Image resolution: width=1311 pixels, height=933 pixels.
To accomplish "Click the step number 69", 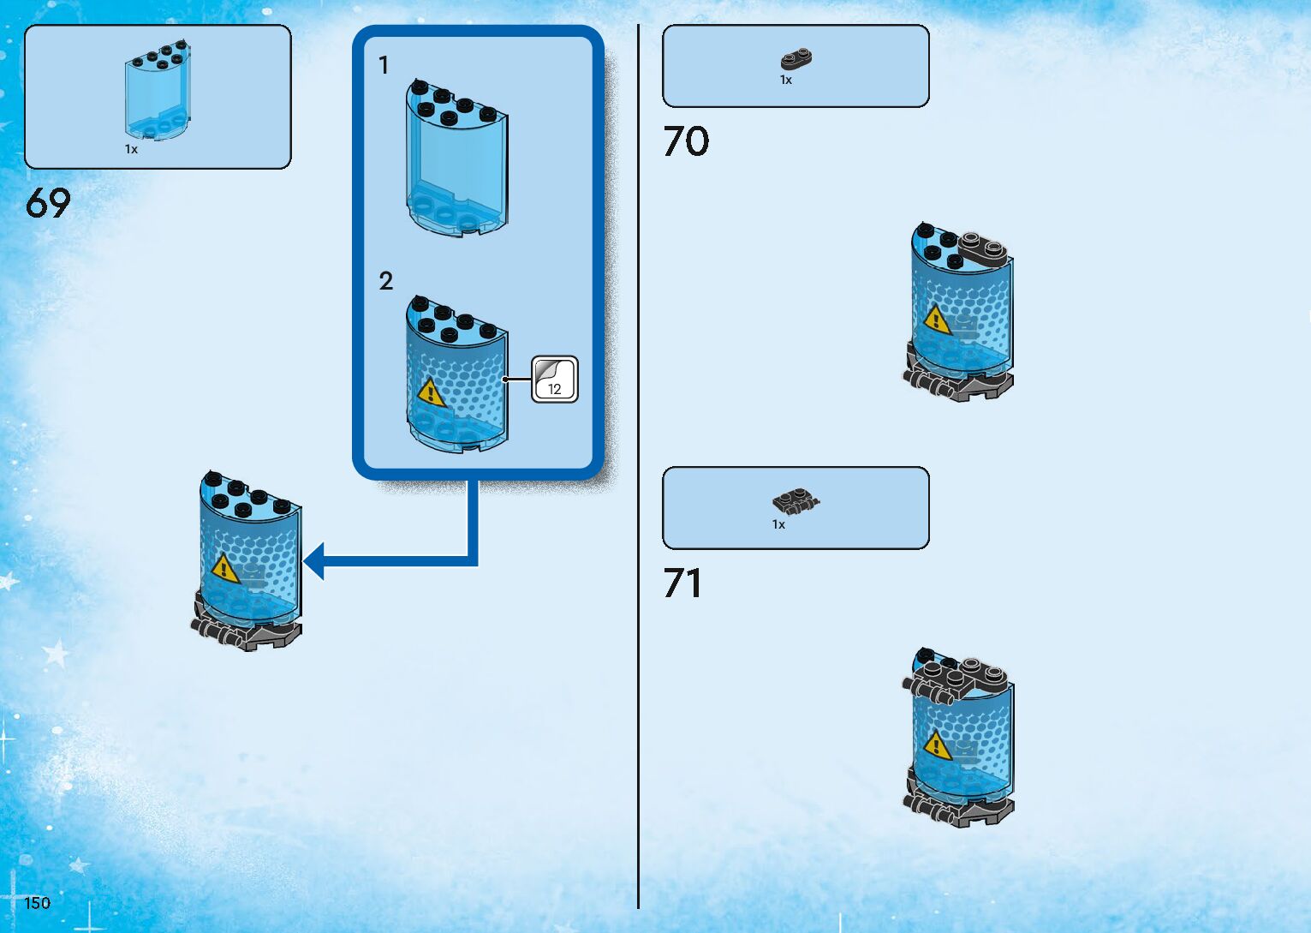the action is pos(48,203).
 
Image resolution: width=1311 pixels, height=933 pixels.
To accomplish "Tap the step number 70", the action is pos(686,141).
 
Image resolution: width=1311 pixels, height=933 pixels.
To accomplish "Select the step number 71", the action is pos(682,583).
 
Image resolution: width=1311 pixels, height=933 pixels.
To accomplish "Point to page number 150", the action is pos(37,902).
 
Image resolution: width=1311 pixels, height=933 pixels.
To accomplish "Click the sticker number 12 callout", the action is pos(555,380).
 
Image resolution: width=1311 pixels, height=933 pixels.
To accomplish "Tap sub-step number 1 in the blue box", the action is pos(384,65).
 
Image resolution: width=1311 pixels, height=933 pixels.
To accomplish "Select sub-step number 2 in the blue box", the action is pos(385,281).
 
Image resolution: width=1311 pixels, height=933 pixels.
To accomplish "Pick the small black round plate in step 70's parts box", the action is pos(796,59).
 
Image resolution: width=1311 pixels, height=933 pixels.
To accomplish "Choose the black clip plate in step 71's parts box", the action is pos(796,500).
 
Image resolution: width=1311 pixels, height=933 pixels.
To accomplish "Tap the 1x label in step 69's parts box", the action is pos(131,149).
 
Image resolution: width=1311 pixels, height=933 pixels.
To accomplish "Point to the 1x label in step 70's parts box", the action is pos(785,80).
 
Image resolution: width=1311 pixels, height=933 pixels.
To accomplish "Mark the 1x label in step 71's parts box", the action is pos(778,524).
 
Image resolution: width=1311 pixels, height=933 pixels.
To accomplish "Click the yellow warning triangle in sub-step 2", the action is pos(431,393).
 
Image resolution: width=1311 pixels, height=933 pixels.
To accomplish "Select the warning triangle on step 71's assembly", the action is pos(938,745).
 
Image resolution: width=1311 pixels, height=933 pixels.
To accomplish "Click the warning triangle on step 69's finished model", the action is pos(224,568).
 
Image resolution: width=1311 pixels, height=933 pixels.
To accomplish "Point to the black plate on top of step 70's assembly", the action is pos(983,248).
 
